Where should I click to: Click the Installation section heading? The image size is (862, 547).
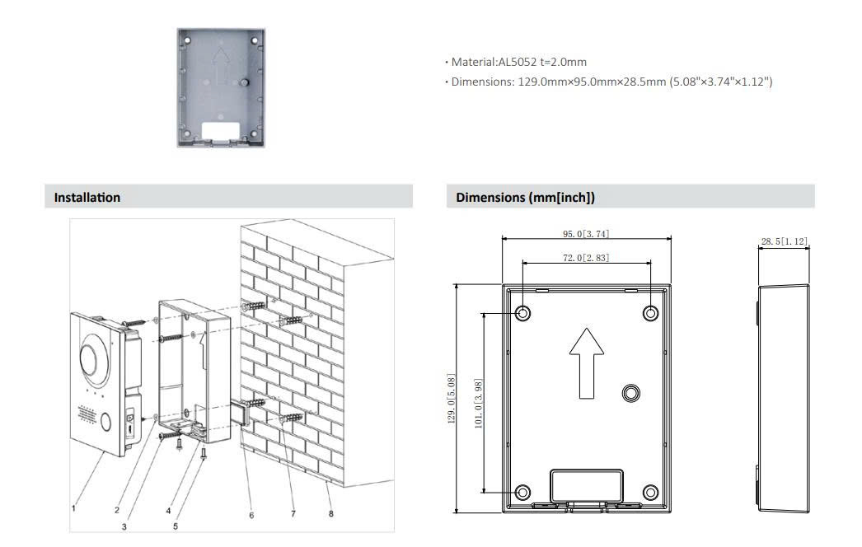tap(87, 198)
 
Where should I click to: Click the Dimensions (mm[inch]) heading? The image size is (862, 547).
tap(525, 198)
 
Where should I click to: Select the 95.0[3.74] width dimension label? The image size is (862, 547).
tap(586, 234)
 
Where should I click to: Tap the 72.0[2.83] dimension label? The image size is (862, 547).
tap(586, 258)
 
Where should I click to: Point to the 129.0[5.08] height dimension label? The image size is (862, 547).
tap(452, 399)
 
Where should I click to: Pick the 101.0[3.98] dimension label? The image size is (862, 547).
tap(478, 404)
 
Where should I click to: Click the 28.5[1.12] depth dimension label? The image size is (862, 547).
tap(785, 241)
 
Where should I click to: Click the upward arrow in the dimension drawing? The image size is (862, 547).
tap(587, 363)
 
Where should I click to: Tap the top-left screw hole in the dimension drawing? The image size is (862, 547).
tap(522, 313)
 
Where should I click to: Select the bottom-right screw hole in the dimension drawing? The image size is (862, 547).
tap(650, 492)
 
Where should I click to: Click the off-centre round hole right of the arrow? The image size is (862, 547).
tap(631, 393)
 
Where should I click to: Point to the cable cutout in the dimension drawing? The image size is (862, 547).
tap(587, 485)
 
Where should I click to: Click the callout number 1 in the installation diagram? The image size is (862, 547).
tap(73, 508)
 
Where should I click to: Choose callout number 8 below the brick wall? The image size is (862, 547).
tap(331, 513)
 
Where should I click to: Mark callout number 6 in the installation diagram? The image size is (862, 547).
tap(251, 515)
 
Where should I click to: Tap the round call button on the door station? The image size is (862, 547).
tap(105, 423)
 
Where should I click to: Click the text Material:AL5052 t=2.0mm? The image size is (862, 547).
tap(519, 62)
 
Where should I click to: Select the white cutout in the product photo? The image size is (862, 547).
tap(221, 131)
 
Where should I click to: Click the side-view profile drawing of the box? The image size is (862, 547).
tap(783, 399)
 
